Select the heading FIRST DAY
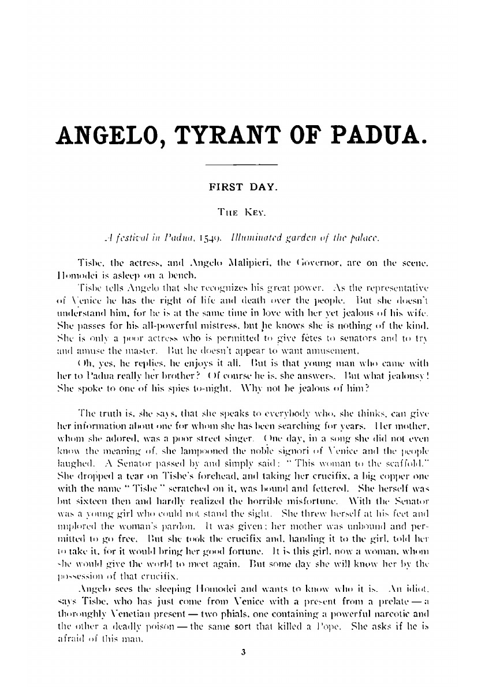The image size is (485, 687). click(242, 187)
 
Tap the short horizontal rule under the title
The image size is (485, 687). click(242, 167)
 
